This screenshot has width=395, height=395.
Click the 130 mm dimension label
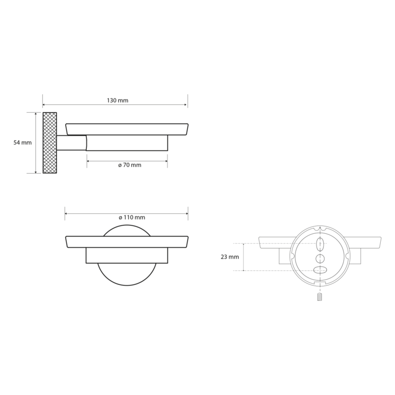point(117,101)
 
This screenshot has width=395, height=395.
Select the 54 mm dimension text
point(23,143)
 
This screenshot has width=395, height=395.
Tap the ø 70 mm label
point(130,165)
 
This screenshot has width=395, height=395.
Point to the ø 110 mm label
point(132,218)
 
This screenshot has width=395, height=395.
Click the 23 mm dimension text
point(230,257)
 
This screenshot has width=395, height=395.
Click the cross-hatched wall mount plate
point(50,143)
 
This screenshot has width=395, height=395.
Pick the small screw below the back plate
point(320,297)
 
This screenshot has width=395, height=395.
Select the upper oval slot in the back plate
point(320,244)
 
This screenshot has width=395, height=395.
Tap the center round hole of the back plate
point(320,259)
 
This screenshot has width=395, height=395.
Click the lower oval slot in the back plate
point(320,270)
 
